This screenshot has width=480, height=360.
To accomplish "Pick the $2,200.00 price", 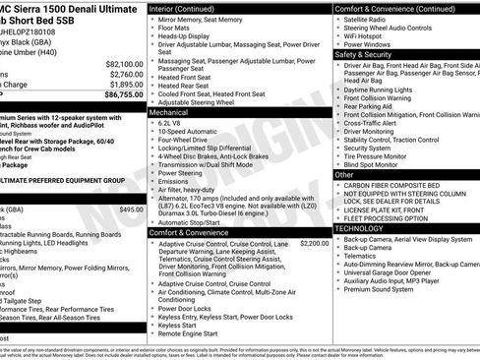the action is point(314,243).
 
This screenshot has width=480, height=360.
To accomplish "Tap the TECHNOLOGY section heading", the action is point(365,227).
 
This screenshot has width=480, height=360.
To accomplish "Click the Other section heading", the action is point(345,174).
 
